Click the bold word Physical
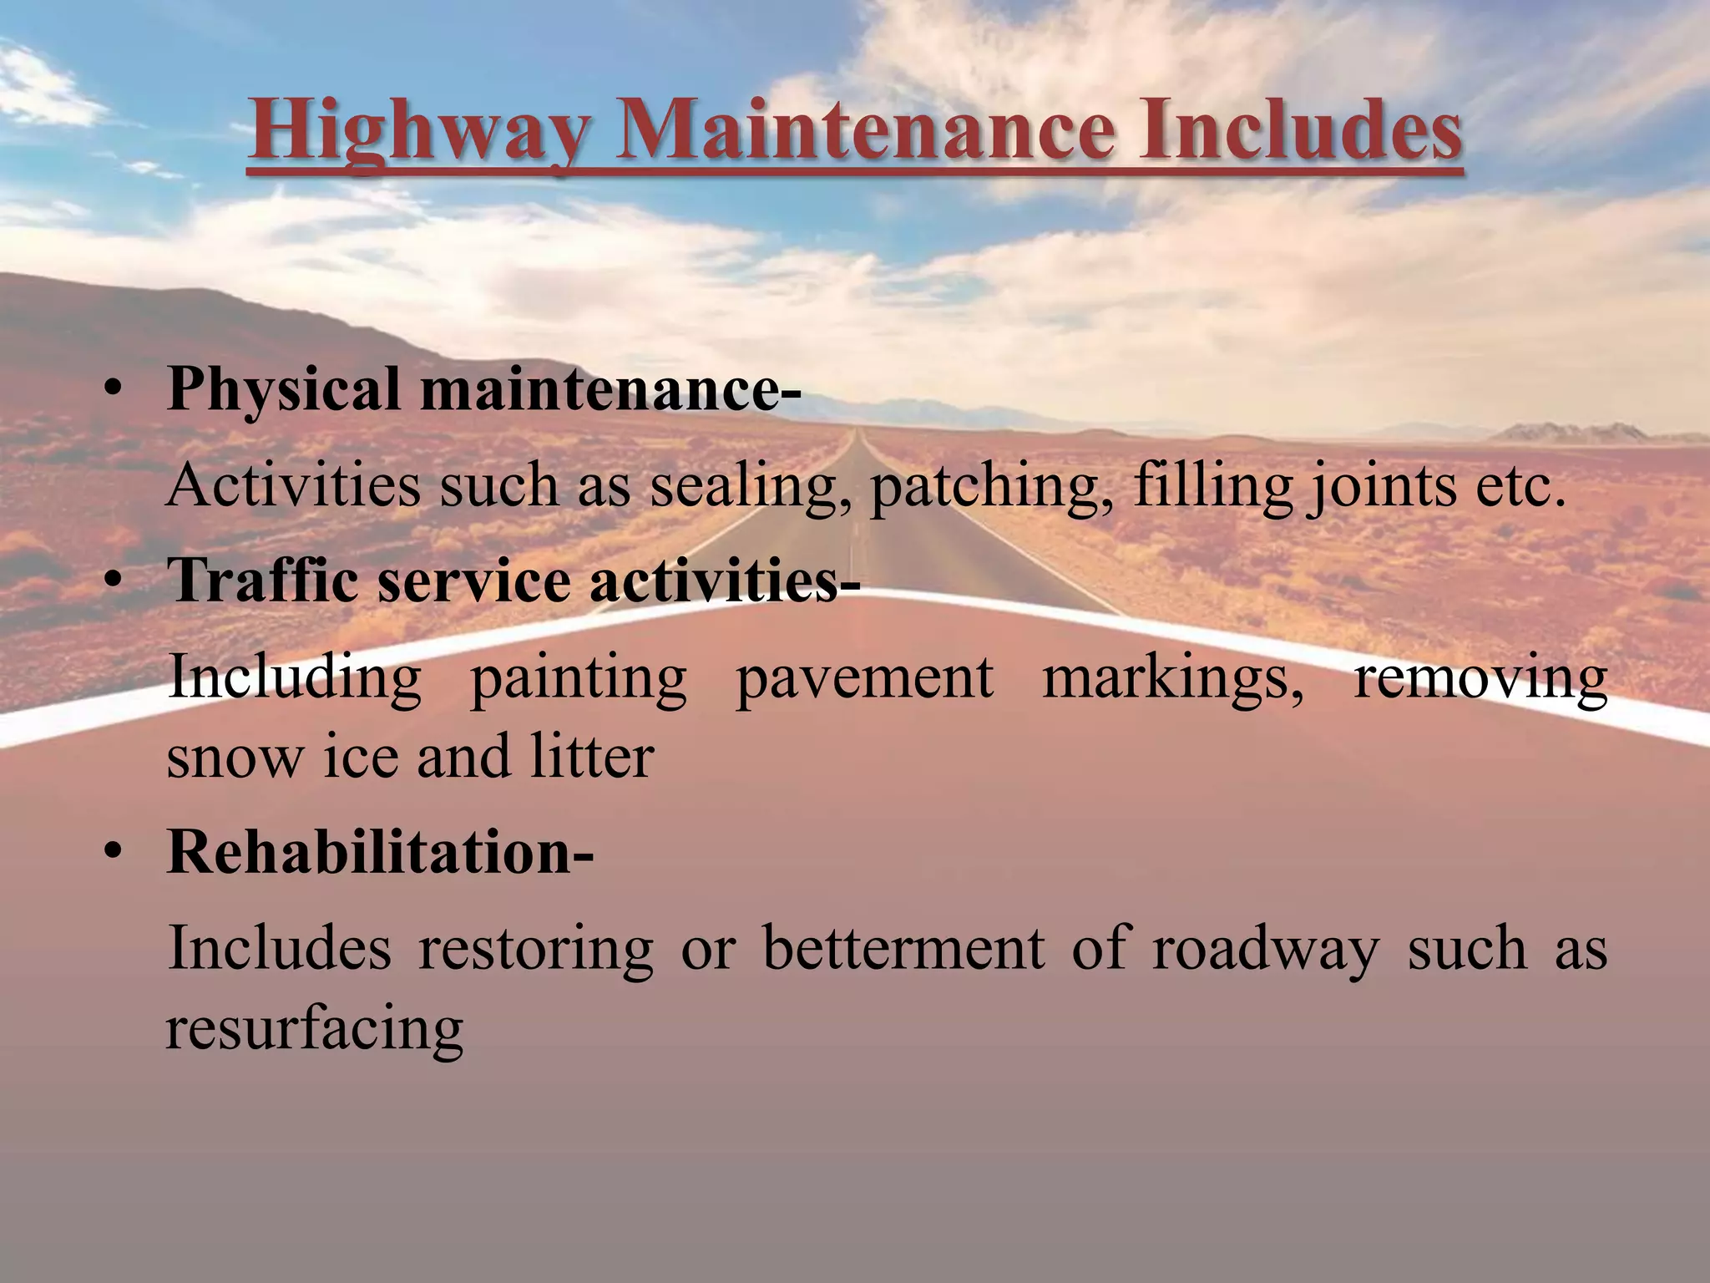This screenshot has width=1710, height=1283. click(284, 391)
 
